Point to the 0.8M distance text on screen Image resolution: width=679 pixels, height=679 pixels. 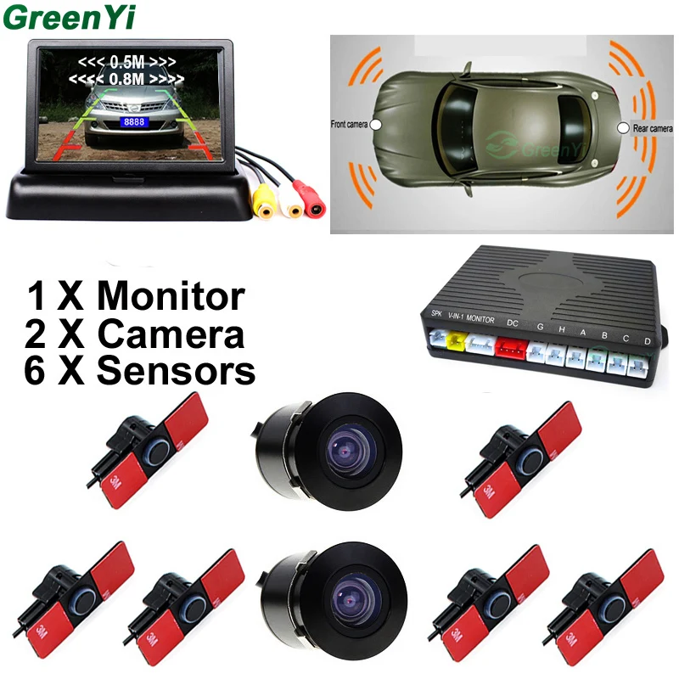coord(129,79)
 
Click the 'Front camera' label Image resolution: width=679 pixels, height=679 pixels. coord(351,124)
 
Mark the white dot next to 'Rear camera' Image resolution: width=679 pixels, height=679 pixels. coord(623,127)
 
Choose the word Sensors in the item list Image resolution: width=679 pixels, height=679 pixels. coord(177,371)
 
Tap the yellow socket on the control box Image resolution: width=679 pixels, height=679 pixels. coord(456,340)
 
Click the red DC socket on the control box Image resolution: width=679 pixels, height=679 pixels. coord(511,346)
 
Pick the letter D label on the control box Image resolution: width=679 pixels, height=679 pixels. coord(647,341)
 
